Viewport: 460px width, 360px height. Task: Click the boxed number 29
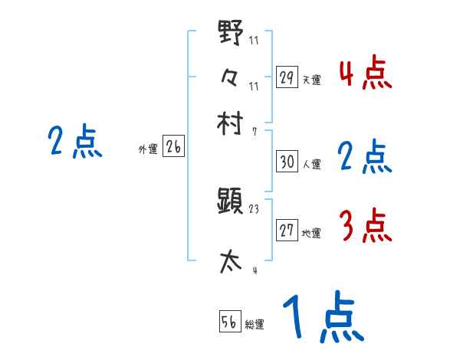coord(287,77)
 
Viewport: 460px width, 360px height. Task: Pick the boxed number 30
coord(287,162)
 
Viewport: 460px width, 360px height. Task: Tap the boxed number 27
coord(287,231)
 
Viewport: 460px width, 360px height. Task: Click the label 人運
coord(312,165)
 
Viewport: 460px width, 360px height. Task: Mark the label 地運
coord(312,234)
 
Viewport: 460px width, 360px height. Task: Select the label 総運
coord(255,325)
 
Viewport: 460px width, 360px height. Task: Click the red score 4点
coord(365,73)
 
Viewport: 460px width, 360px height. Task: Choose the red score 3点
coord(365,226)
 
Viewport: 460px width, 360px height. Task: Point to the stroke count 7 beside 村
coord(255,131)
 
